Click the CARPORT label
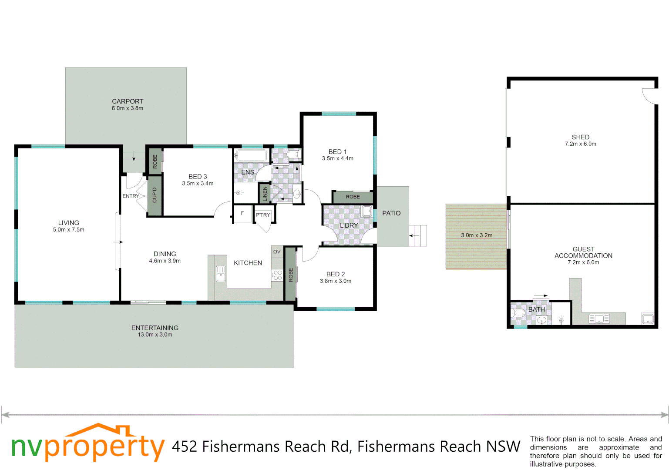128,101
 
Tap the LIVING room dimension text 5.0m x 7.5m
69,230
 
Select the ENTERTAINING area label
155,328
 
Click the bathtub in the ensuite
251,155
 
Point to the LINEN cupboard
265,194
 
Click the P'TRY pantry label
263,215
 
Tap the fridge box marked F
242,214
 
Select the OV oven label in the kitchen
277,252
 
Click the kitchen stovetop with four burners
277,275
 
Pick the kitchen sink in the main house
221,273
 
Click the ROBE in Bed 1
353,197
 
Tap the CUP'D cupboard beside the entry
155,195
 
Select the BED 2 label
336,274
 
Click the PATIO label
391,213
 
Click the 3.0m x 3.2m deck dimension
477,235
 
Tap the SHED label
581,137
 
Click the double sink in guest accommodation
599,319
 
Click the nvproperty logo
87,444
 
